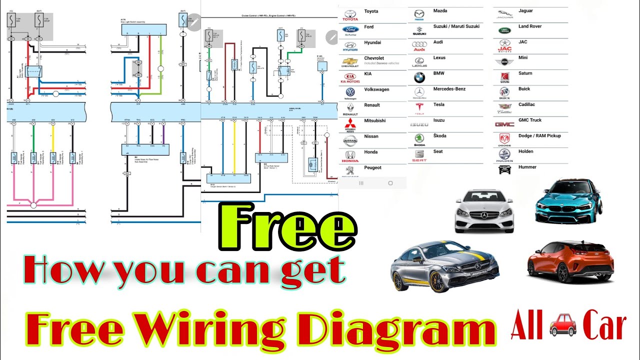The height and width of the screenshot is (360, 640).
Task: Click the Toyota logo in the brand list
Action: pos(350,14)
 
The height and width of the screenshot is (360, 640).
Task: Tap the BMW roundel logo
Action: pos(419,77)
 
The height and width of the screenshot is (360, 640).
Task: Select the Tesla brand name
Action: pos(438,104)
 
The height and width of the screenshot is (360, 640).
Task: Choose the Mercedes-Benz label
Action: pos(449,89)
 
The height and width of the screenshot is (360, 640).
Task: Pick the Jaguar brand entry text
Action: pos(525,10)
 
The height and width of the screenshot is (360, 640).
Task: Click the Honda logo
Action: pos(350,155)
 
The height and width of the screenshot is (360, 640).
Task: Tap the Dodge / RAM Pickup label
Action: pos(539,135)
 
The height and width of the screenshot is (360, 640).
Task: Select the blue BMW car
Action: pos(568,201)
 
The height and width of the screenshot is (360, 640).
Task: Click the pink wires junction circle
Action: pos(33,205)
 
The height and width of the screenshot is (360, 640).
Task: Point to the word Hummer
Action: pos(527,167)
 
